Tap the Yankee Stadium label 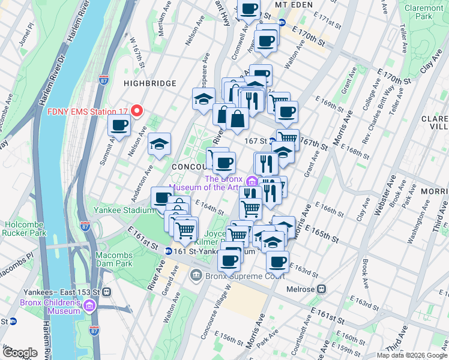click(x=123, y=211)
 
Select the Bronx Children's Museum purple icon click(x=91, y=307)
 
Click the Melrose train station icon click(x=322, y=289)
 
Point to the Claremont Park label click(x=427, y=12)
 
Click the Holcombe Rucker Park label click(x=24, y=229)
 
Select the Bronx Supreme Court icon click(x=196, y=276)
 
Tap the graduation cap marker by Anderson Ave click(x=159, y=145)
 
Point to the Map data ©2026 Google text click(x=412, y=355)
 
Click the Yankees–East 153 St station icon click(x=106, y=292)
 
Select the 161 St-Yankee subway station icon click(x=169, y=251)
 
